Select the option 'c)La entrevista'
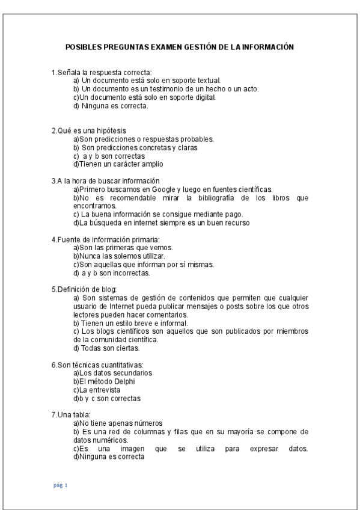coord(95,389)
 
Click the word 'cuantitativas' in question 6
coord(120,364)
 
